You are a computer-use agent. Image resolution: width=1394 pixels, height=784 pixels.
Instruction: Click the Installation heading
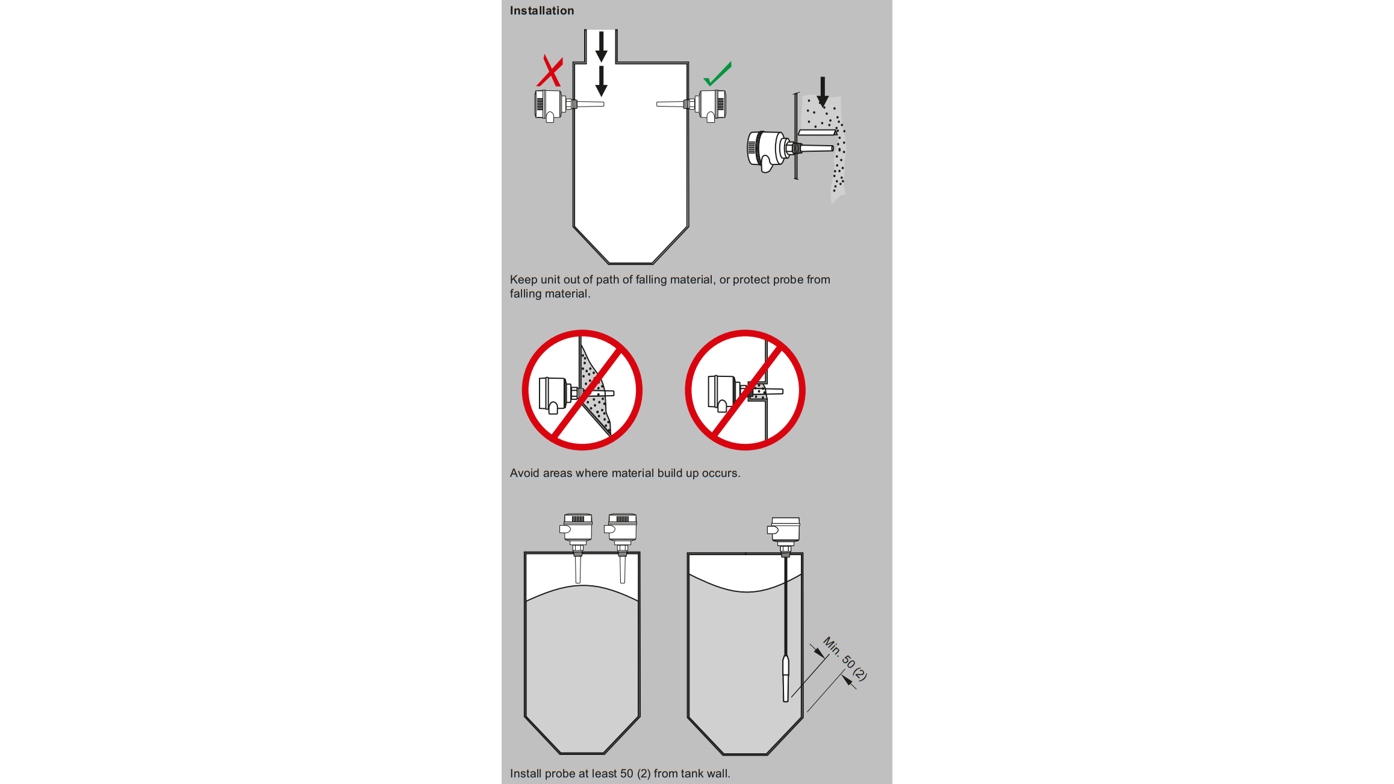542,11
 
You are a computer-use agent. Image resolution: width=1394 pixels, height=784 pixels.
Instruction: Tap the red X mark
550,72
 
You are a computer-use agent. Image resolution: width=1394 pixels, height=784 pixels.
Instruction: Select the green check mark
717,74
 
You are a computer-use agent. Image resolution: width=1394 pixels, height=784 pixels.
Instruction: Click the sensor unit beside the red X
568,105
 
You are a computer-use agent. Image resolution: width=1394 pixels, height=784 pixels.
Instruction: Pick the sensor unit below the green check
692,105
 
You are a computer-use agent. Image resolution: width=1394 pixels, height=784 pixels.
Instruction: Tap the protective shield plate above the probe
817,132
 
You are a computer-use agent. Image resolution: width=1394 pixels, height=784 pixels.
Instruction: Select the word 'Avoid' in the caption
524,473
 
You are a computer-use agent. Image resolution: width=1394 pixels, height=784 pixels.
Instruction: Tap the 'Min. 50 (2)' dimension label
845,659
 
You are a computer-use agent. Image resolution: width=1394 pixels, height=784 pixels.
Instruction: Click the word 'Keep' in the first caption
523,279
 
